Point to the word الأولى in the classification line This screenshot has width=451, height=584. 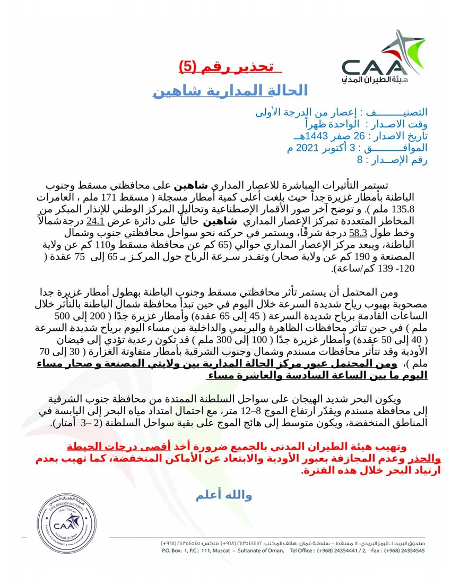pyautogui.click(x=270, y=113)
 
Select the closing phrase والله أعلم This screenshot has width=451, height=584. pyautogui.click(x=223, y=496)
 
